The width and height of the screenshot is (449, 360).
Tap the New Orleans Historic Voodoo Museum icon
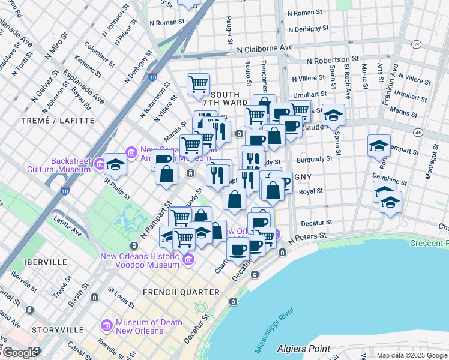tap(188, 259)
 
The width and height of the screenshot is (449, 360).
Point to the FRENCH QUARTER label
tap(181, 292)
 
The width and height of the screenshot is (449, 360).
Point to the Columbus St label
tap(100, 53)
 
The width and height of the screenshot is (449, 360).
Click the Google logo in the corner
tap(19, 353)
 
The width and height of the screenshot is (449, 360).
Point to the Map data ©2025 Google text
tap(412, 355)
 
